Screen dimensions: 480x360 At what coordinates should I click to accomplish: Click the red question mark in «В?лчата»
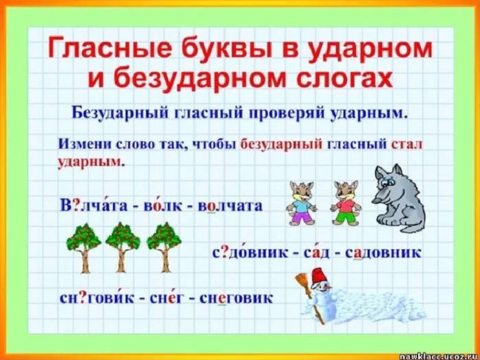tap(75, 205)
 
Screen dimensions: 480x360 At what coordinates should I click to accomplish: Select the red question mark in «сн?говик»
tap(83, 298)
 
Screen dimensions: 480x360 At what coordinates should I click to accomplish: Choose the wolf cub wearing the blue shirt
tap(301, 203)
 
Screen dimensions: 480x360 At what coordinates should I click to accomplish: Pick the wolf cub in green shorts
tap(346, 203)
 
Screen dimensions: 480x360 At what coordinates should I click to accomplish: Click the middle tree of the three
tap(122, 247)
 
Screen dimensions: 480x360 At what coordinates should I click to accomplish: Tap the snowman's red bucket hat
tap(318, 276)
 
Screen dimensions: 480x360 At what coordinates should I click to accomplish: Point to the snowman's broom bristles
tap(301, 283)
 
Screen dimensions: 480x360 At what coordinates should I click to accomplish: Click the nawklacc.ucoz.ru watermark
tap(441, 355)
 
